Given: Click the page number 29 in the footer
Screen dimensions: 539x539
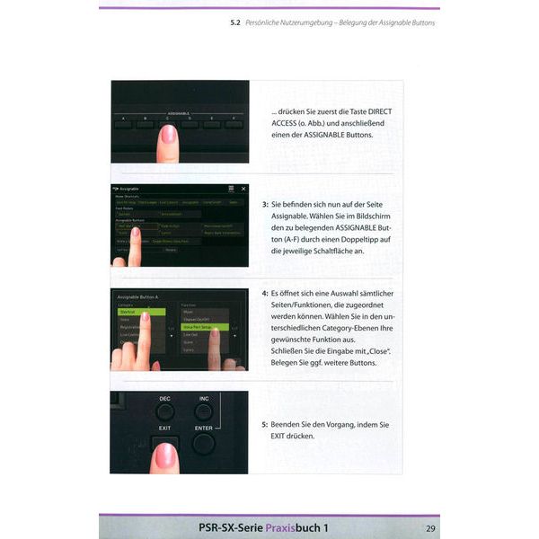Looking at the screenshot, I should coord(430,526).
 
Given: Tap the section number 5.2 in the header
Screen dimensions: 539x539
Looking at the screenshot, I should coord(236,22).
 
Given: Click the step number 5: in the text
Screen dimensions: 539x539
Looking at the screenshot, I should coord(265,424).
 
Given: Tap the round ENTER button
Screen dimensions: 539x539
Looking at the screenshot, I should coord(204,443).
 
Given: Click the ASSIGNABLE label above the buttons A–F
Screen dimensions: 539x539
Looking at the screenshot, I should coord(181,114).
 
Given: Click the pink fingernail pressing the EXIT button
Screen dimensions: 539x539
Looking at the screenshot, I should coord(166,455).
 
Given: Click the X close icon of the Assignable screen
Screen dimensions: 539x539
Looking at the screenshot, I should coord(241,190).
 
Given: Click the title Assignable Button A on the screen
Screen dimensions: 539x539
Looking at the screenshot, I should coord(137,295).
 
